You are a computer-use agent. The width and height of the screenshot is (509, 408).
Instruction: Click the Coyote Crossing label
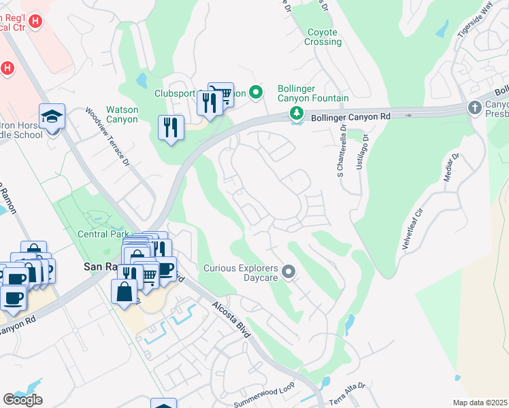tap(323, 37)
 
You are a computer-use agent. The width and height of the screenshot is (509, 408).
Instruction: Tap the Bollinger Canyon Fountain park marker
tap(296, 113)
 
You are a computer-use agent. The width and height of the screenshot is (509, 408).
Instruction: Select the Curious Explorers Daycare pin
tap(289, 273)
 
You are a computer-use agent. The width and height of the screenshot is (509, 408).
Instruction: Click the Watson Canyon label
tap(122, 114)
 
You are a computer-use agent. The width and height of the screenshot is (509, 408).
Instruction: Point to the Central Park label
tap(100, 235)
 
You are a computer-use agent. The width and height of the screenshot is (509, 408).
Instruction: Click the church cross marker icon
tap(475, 107)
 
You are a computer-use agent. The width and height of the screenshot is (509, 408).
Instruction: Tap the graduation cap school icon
tap(52, 117)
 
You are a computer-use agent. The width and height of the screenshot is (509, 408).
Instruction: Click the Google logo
tap(22, 400)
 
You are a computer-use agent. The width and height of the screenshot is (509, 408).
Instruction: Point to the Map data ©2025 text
tap(480, 403)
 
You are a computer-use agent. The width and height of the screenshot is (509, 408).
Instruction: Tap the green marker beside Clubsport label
tap(256, 92)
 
